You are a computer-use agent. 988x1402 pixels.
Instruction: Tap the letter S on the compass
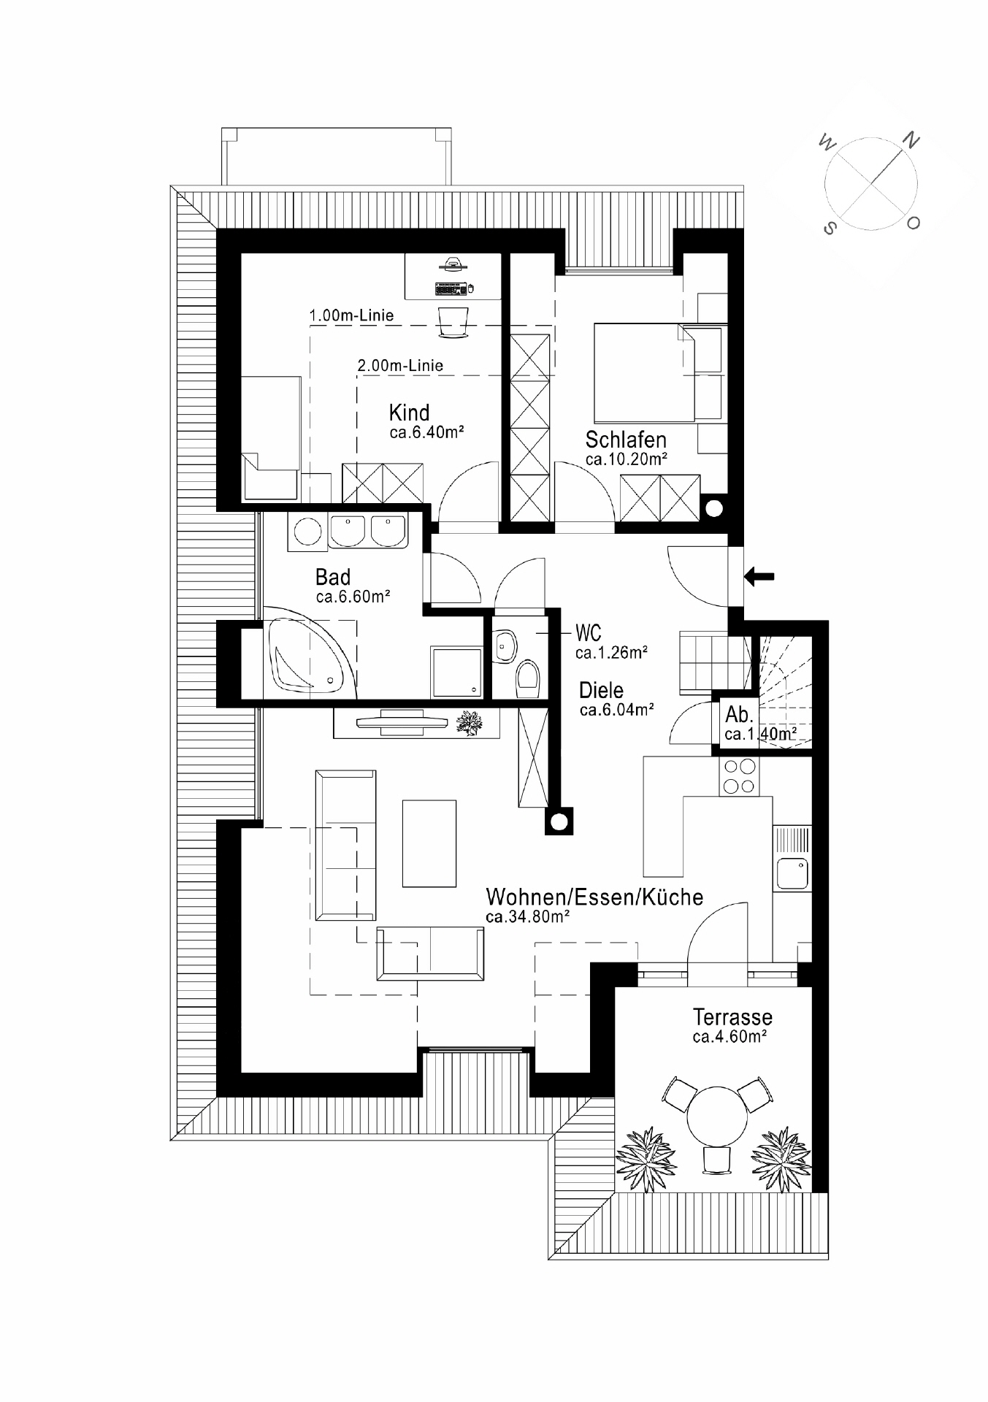[829, 229]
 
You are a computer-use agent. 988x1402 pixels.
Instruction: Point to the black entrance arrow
[759, 577]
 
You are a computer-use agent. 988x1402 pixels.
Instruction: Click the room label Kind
[409, 413]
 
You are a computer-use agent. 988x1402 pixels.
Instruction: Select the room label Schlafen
[626, 440]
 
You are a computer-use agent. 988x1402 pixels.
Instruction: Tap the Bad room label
[333, 577]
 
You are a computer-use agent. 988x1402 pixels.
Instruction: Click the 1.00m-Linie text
[352, 315]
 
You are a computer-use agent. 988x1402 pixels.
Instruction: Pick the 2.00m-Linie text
[400, 365]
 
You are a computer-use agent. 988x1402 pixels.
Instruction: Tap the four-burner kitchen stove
[739, 776]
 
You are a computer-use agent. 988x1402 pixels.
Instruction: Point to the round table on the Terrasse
[717, 1118]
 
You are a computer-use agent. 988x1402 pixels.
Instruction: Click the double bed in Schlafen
[643, 372]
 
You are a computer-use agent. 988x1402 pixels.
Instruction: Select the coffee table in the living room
[429, 843]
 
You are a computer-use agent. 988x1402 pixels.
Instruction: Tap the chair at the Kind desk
[453, 322]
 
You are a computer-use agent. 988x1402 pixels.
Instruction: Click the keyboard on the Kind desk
[450, 290]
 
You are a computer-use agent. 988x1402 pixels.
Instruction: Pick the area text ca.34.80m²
[527, 916]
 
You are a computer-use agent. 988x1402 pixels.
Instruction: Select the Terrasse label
[732, 1016]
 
